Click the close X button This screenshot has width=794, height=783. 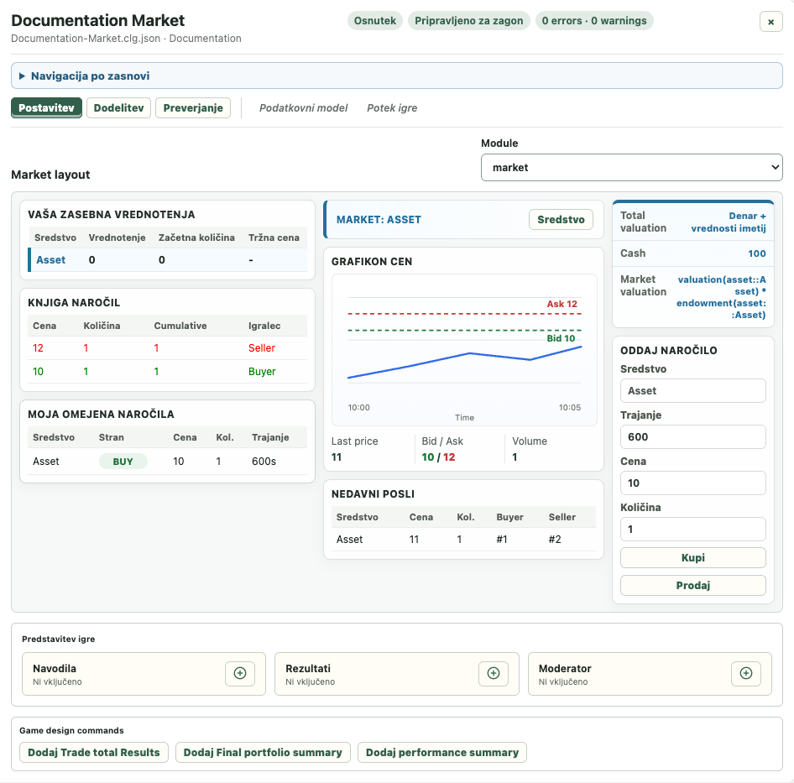770,22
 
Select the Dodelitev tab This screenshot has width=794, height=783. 118,108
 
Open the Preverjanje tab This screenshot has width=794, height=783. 193,108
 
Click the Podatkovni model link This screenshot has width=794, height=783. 303,108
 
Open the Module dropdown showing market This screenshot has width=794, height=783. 631,168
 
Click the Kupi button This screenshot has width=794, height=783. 692,557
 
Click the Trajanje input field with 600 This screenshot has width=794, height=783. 692,436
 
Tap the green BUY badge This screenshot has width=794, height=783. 123,462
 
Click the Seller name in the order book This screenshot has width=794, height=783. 262,348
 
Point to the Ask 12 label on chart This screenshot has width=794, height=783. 562,304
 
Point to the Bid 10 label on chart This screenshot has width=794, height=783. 561,338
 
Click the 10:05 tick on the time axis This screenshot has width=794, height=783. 570,407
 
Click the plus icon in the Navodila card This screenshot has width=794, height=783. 240,673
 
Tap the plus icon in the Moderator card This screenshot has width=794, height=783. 746,673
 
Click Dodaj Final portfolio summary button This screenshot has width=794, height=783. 263,752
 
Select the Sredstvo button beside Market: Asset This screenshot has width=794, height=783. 561,219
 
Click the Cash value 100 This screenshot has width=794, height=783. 757,253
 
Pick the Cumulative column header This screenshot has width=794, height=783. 180,326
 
